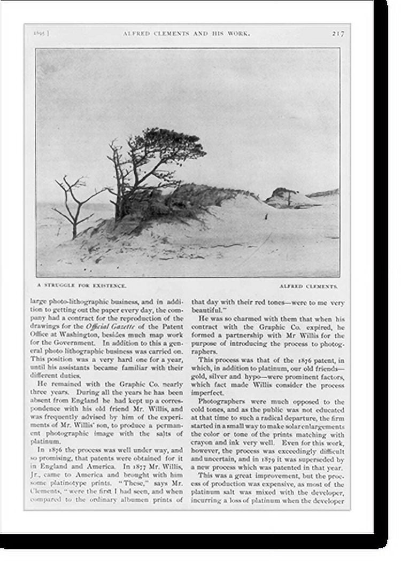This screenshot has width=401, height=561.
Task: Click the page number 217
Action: (338, 33)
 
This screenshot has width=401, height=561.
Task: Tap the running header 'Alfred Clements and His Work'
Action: (186, 33)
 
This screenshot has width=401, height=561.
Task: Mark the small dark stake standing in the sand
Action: (266, 216)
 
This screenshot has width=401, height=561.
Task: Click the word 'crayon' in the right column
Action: (209, 443)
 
